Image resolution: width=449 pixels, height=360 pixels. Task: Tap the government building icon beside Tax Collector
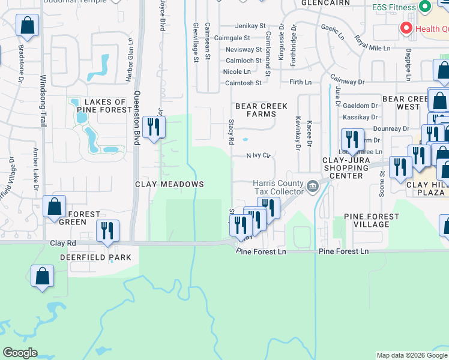point(313,186)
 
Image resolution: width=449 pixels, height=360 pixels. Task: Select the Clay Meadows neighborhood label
point(169,184)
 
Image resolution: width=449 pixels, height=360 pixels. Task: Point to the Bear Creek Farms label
point(261,110)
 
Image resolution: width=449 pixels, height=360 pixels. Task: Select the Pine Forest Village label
point(371,220)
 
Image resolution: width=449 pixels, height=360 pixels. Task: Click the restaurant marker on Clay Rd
point(107,231)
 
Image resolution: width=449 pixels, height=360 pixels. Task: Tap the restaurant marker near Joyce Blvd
point(154,127)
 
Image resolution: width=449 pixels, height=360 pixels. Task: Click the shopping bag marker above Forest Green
point(55,207)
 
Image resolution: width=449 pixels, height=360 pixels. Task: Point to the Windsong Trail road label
point(43,100)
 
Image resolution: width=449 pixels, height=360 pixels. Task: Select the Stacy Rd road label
point(231,131)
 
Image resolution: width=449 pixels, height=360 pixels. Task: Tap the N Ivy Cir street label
point(259,155)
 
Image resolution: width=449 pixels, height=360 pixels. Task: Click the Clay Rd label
point(65,243)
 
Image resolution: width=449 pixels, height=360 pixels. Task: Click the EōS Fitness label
point(393,8)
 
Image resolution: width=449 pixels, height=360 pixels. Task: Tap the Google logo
point(20,353)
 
